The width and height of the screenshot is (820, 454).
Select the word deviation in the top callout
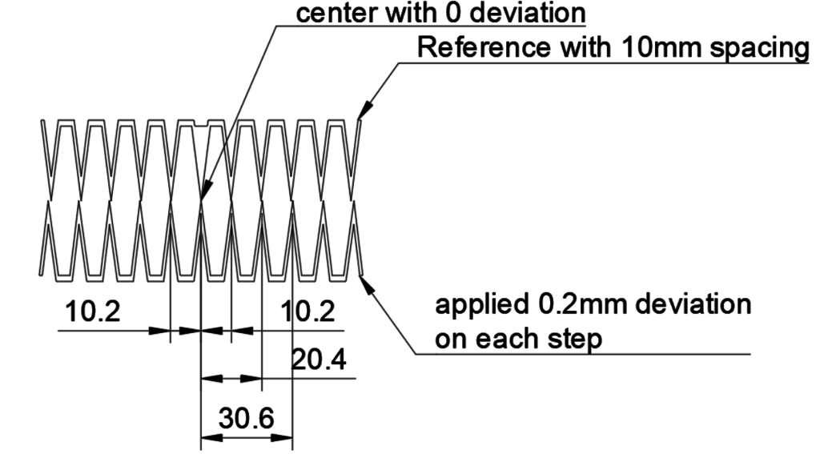523,13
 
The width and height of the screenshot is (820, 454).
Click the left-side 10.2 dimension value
94,311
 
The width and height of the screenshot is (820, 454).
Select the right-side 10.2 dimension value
309,311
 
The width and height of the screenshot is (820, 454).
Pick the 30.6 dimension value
246,417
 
